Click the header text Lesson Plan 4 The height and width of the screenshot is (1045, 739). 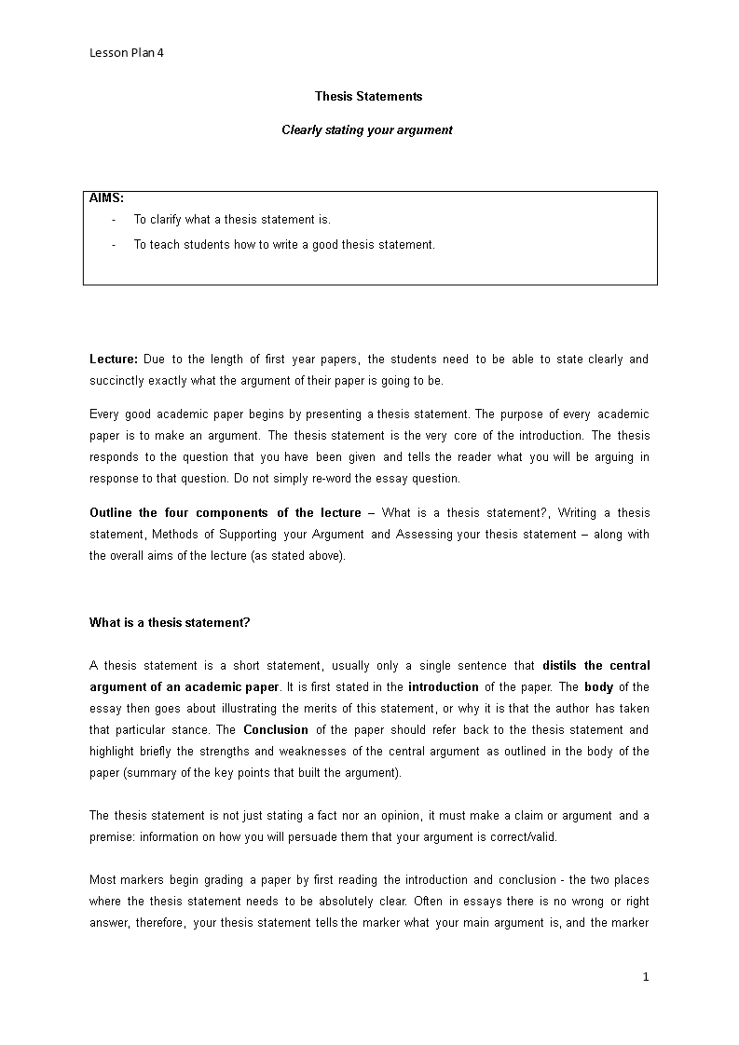[x=127, y=53]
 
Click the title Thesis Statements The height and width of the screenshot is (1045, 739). [x=368, y=96]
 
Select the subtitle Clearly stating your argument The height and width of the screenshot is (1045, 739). [x=367, y=130]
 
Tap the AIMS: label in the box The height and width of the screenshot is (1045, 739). [x=106, y=197]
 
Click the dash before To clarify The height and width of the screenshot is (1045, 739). [x=114, y=220]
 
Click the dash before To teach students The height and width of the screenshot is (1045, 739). [x=114, y=245]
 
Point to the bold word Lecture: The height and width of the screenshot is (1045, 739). [x=114, y=360]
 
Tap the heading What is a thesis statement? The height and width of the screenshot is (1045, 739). [x=170, y=623]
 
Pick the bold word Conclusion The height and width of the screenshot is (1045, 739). [x=275, y=730]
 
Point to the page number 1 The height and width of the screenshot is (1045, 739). [x=645, y=977]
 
